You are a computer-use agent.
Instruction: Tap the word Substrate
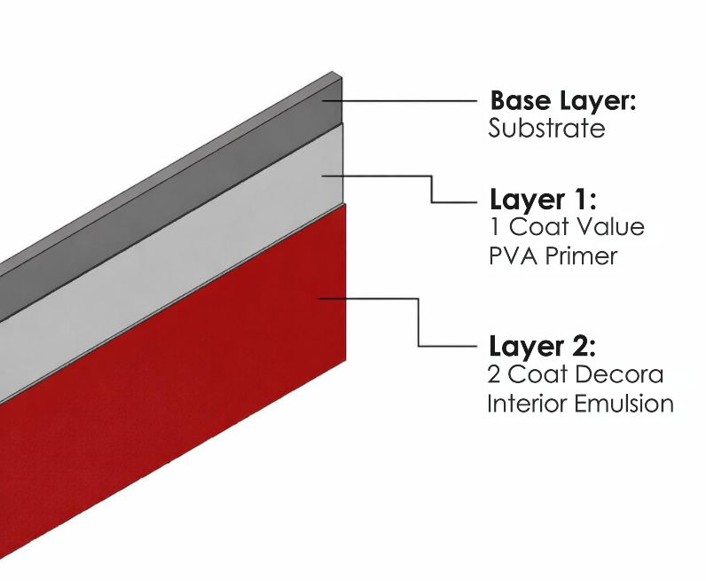click(546, 129)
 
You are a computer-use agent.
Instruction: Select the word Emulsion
click(624, 404)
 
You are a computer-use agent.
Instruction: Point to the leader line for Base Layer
click(408, 100)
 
